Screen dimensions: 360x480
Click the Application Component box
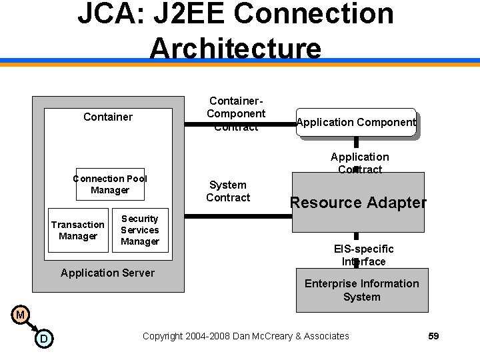click(356, 122)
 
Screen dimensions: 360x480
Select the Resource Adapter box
click(358, 203)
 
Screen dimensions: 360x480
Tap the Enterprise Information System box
click(362, 290)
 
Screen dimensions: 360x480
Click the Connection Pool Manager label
click(110, 184)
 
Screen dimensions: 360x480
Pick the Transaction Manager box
click(78, 230)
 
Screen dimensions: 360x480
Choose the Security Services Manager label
click(140, 230)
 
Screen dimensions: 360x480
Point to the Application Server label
click(107, 273)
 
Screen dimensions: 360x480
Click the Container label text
click(108, 117)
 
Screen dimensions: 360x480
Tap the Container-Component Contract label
click(236, 113)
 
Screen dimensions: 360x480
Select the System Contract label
click(228, 191)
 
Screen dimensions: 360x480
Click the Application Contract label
click(359, 163)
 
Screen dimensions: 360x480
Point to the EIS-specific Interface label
click(363, 255)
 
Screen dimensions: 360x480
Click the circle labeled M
click(21, 314)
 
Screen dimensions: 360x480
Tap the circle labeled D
click(43, 339)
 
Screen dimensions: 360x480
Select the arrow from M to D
click(32, 327)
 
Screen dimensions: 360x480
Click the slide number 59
click(433, 336)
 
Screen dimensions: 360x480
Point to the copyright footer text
click(245, 336)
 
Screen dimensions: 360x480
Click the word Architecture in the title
click(235, 48)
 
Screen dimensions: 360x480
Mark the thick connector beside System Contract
click(237, 216)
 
